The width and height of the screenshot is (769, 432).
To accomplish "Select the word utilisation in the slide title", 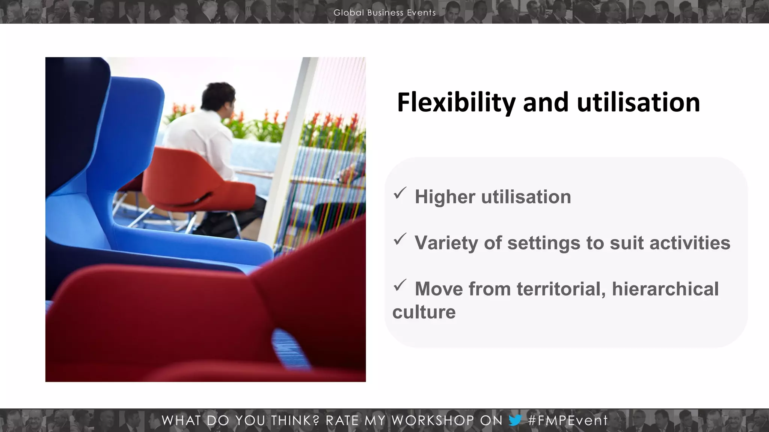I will click(638, 103).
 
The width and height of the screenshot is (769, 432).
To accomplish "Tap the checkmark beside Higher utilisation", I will click(400, 193).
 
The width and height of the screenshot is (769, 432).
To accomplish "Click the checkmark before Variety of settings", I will click(400, 239).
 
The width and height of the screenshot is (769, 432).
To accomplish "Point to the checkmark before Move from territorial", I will click(400, 285).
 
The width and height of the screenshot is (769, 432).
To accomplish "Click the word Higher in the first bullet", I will click(445, 197).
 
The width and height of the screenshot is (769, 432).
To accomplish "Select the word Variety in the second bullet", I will click(446, 243).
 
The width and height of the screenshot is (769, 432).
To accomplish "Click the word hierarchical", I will click(665, 289).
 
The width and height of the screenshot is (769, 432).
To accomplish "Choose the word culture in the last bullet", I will click(424, 312).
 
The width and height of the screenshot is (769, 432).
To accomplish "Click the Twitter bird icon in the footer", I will click(515, 420).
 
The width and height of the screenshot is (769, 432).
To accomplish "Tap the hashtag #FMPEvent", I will click(568, 420).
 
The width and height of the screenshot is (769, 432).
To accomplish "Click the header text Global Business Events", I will click(384, 12).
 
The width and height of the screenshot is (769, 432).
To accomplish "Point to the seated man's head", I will click(219, 97).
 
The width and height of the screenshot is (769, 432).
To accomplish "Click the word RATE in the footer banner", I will click(342, 420).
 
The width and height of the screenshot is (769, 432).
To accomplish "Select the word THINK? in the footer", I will click(295, 420).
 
